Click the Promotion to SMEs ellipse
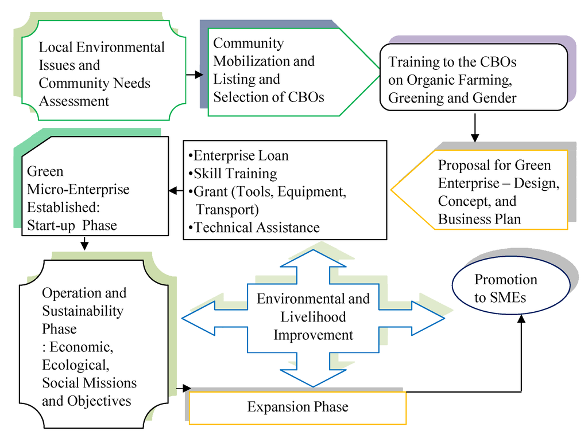[x=505, y=288]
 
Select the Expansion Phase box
[x=297, y=407]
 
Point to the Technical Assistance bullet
[x=257, y=228]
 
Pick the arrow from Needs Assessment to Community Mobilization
[x=195, y=75]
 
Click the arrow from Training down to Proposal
[x=474, y=127]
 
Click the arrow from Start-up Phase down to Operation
[x=84, y=242]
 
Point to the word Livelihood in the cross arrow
[x=313, y=317]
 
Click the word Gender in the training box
[x=494, y=98]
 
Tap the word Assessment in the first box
[x=74, y=101]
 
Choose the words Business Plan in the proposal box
[x=479, y=219]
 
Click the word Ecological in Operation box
[x=74, y=365]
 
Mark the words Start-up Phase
[x=72, y=225]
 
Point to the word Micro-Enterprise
[x=78, y=189]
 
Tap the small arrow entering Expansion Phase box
[x=183, y=389]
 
